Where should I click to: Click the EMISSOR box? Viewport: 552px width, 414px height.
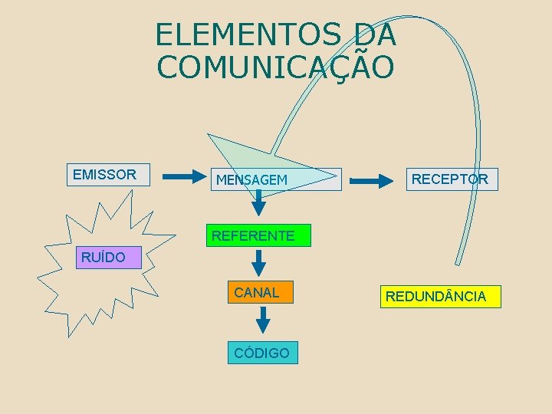coord(105,175)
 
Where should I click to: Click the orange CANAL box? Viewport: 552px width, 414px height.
coord(259,292)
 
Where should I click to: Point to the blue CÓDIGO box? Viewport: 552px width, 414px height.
coord(262,353)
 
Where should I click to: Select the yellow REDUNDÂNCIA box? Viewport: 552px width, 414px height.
coord(435,296)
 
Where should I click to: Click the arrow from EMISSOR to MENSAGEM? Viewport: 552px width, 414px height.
coord(181,177)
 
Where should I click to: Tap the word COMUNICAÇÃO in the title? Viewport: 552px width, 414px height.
coord(276,67)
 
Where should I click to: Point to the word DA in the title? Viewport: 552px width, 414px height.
coord(375,34)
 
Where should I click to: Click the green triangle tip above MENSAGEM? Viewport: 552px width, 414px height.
coord(211,136)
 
